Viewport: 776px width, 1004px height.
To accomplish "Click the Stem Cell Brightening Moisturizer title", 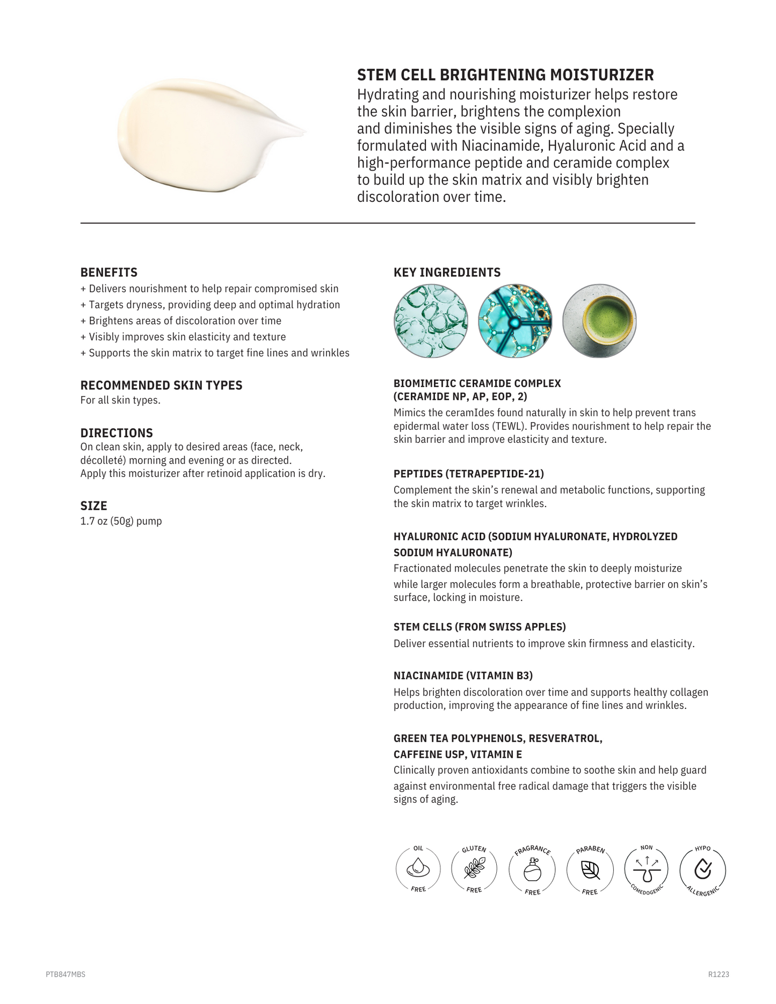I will click(x=505, y=75).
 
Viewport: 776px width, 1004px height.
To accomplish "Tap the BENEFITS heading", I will click(x=109, y=273).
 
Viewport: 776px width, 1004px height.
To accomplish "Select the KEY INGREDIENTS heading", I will click(x=447, y=273).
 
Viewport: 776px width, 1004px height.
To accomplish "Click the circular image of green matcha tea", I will click(x=599, y=321).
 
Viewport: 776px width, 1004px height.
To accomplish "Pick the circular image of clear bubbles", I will click(x=431, y=321).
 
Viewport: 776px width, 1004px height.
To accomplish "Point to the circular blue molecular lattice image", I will click(x=515, y=321).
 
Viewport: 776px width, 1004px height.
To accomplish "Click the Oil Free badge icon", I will click(x=418, y=869).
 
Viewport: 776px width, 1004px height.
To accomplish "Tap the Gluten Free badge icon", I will click(x=474, y=869).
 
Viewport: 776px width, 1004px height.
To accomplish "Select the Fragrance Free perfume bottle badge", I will click(x=532, y=869).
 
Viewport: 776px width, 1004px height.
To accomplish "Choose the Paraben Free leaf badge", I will click(x=590, y=869).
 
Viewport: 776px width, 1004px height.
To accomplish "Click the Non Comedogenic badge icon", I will click(x=647, y=869).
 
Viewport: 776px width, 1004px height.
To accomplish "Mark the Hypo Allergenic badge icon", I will click(x=703, y=869).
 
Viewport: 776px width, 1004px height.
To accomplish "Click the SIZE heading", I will click(x=94, y=506).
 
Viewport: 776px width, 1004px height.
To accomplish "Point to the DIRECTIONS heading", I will click(x=117, y=433).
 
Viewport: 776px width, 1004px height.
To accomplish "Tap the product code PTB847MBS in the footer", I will click(x=66, y=974).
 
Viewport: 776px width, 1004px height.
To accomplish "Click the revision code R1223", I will click(x=719, y=974).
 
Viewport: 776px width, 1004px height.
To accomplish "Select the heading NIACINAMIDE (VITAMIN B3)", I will click(x=463, y=676).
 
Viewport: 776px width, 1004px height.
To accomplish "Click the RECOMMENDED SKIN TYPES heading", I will click(x=161, y=385).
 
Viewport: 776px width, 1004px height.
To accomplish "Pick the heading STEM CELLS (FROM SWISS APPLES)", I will click(x=480, y=627).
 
